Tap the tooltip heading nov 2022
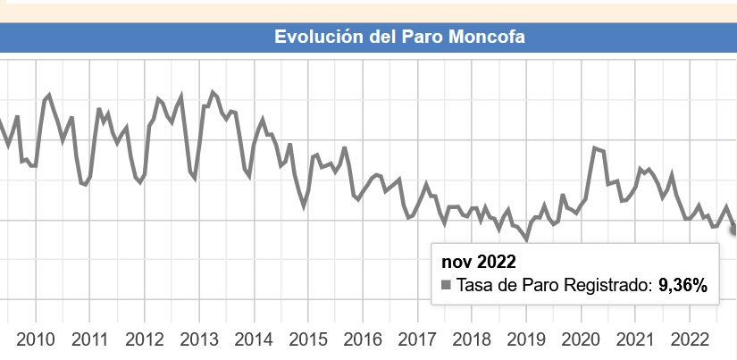click(x=480, y=261)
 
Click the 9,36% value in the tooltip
click(x=683, y=286)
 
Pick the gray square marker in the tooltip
click(x=447, y=286)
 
